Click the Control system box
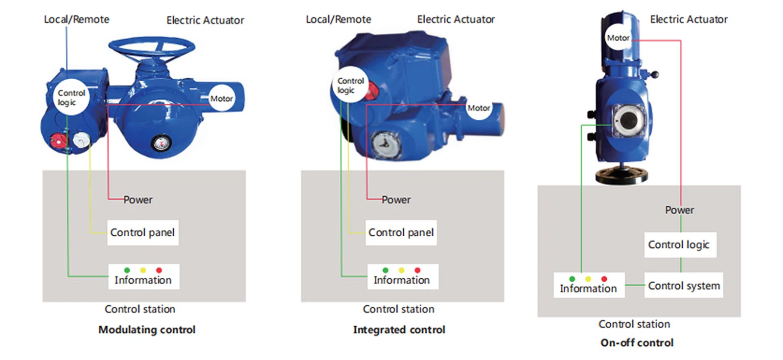[x=683, y=286]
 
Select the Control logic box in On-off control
[x=680, y=245]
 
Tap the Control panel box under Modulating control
[x=142, y=232]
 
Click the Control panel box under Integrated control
[x=401, y=232]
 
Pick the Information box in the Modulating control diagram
[x=143, y=277]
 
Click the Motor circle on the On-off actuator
[x=618, y=38]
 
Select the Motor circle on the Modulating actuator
[x=221, y=98]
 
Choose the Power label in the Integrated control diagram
[x=396, y=200]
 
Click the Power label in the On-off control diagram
[x=679, y=210]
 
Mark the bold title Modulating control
[x=147, y=330]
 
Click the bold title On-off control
[x=637, y=343]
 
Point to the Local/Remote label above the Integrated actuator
[x=338, y=20]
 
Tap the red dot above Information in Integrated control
[x=417, y=270]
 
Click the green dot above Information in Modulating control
[x=127, y=270]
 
